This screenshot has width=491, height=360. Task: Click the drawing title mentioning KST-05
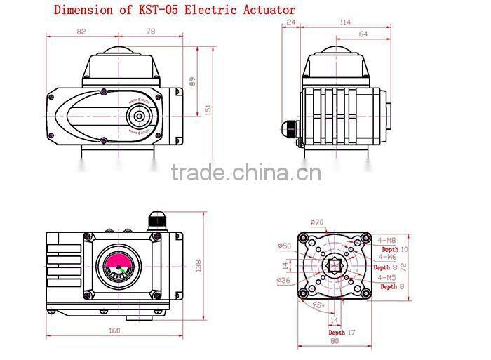click(x=175, y=10)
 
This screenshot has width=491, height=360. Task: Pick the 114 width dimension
click(x=345, y=22)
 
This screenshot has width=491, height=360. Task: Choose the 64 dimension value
click(x=363, y=34)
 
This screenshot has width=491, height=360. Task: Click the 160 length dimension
click(x=114, y=331)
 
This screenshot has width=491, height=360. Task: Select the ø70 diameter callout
click(x=318, y=222)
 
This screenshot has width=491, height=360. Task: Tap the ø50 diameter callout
click(x=285, y=246)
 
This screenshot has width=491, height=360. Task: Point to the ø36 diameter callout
click(x=285, y=281)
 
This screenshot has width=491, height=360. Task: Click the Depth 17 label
click(x=343, y=332)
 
